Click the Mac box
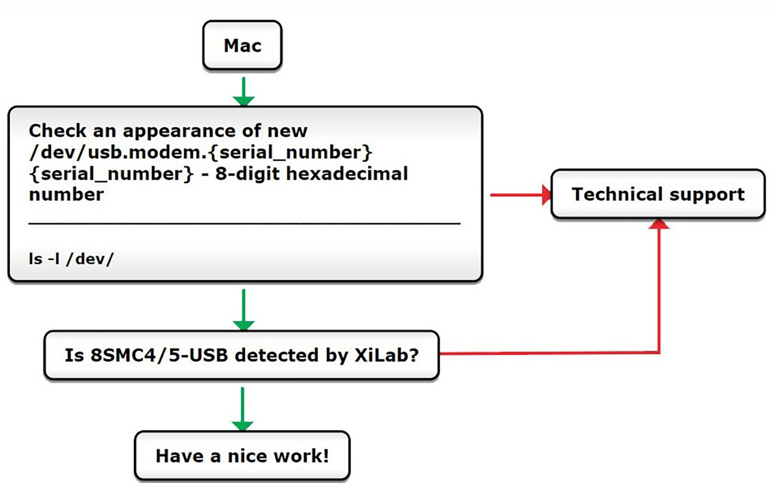pyautogui.click(x=242, y=46)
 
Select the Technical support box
pyautogui.click(x=658, y=194)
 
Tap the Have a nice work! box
pyautogui.click(x=242, y=456)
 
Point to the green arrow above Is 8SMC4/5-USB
pyautogui.click(x=243, y=310)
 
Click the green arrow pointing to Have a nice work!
pyautogui.click(x=242, y=409)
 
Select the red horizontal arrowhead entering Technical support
pyautogui.click(x=546, y=195)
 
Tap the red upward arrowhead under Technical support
pyautogui.click(x=659, y=224)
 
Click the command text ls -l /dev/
pyautogui.click(x=71, y=259)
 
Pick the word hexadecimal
pyautogui.click(x=347, y=174)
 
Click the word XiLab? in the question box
pyautogui.click(x=386, y=355)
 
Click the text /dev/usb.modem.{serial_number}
pyautogui.click(x=201, y=153)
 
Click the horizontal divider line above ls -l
pyautogui.click(x=244, y=223)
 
